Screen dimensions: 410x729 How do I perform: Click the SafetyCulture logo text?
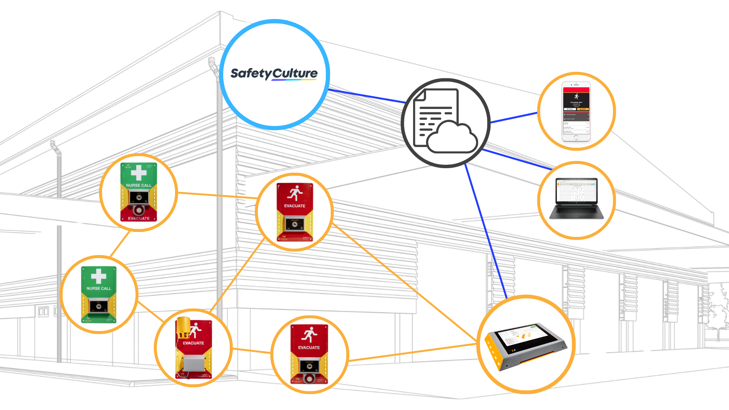(274, 73)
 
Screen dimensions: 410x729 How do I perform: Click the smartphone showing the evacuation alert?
(576, 111)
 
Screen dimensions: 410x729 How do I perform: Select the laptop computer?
(576, 198)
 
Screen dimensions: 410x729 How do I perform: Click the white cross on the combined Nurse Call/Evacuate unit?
(139, 173)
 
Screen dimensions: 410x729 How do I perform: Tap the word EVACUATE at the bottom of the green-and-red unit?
(139, 218)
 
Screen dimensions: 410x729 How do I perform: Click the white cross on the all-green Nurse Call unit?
(99, 276)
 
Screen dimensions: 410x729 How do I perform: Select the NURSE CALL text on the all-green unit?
(99, 289)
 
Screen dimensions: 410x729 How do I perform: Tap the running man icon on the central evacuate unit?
(295, 193)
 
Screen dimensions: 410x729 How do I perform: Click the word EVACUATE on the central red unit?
(295, 206)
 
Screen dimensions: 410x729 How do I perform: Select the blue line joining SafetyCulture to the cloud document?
(366, 95)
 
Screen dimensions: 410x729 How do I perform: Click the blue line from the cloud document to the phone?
(514, 117)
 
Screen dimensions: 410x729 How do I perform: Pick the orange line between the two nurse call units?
(120, 243)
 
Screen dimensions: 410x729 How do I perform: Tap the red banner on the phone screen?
(576, 90)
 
